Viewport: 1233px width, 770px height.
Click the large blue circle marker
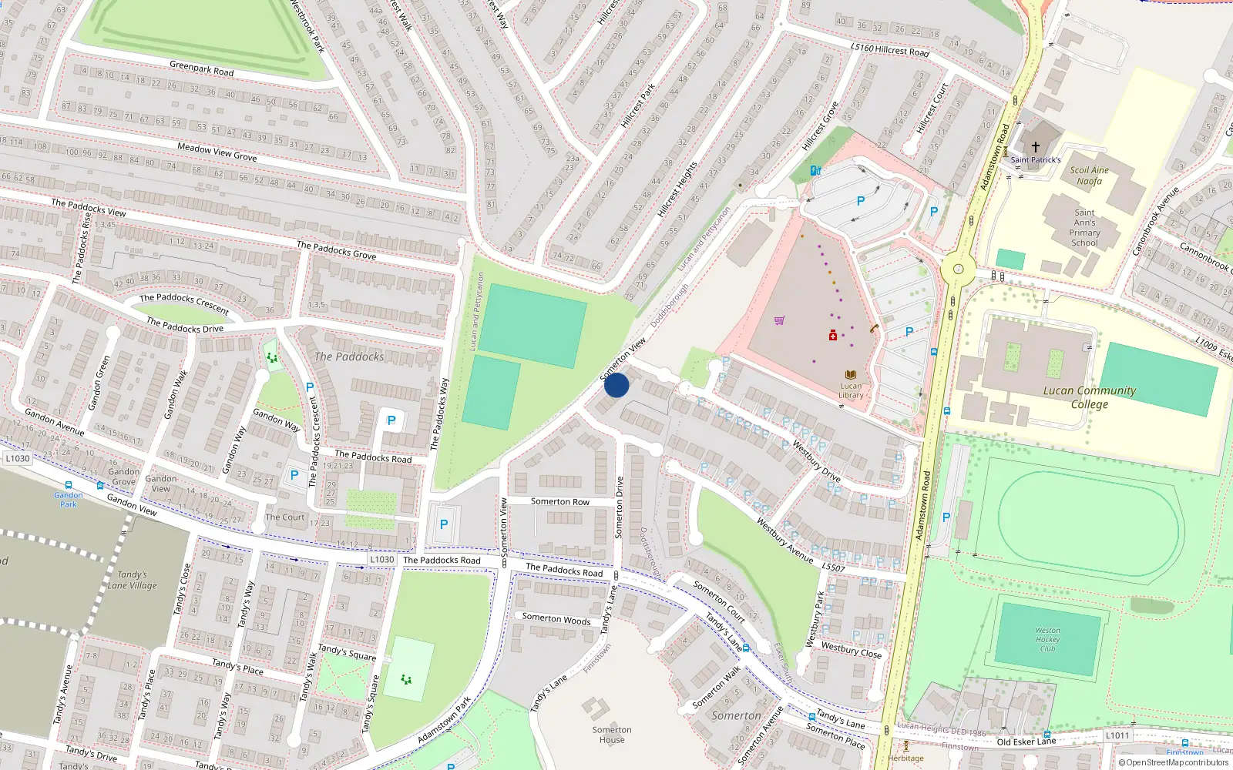point(616,385)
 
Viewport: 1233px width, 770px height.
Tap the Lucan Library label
point(851,390)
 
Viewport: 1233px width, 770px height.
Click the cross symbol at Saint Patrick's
point(1036,146)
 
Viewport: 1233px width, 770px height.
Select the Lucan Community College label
point(1089,397)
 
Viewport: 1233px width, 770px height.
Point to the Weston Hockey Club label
point(1047,639)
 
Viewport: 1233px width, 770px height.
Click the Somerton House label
point(612,735)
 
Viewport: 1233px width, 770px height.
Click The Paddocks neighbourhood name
point(348,357)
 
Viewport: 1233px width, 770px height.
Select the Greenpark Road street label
point(201,69)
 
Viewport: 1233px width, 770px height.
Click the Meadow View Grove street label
point(217,152)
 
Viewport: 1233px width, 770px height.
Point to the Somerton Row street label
point(559,501)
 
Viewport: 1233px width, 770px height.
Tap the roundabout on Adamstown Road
point(958,269)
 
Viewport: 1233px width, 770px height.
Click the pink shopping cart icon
point(779,320)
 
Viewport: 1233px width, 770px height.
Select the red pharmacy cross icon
point(832,335)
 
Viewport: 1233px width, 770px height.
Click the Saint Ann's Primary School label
point(1084,228)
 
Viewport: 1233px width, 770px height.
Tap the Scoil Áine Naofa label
point(1089,176)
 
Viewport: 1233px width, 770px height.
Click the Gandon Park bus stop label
point(69,500)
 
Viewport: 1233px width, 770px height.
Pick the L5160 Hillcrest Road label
point(889,49)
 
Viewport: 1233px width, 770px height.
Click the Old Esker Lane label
point(1026,742)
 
